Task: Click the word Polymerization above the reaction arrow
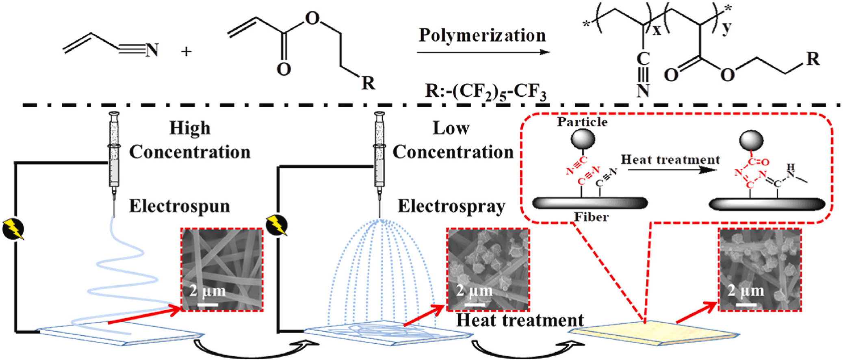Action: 482,36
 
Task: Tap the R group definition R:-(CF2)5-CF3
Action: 485,91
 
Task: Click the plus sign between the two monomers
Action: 186,52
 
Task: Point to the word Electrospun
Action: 179,206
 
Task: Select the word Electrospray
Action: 451,206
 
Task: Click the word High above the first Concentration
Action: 190,128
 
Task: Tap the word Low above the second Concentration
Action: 451,128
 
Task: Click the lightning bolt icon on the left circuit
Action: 13,230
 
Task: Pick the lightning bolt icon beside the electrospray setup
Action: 277,226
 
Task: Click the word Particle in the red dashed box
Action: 582,122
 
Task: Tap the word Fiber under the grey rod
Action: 591,217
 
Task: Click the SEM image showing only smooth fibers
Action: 222,269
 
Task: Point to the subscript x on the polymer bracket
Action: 657,30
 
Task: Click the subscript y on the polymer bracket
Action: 726,28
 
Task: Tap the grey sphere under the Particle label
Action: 583,139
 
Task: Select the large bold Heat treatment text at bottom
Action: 520,320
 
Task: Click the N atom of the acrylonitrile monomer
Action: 152,50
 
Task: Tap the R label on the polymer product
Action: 813,59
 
